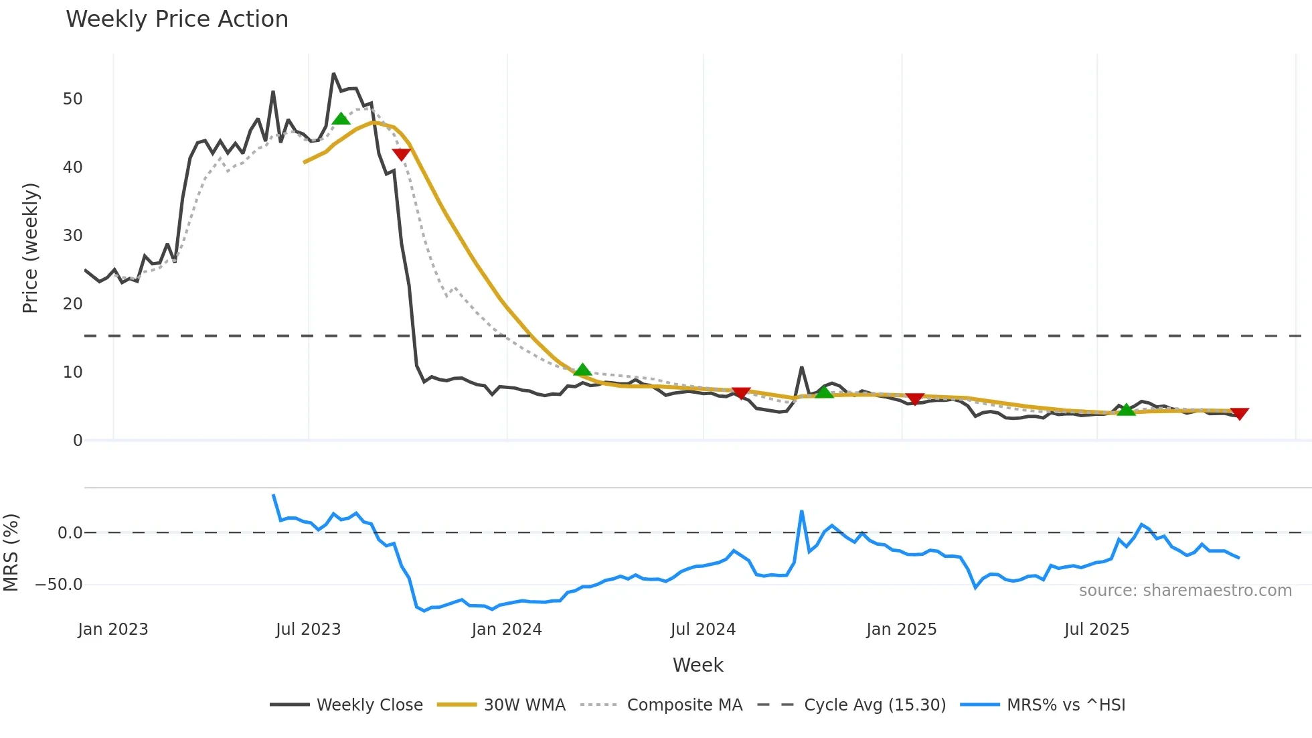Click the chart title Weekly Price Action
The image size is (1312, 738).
177,19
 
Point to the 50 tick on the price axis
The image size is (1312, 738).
72,99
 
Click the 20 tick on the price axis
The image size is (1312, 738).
72,304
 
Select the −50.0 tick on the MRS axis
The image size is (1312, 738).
59,585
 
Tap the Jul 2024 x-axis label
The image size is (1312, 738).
703,630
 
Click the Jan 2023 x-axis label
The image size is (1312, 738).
112,630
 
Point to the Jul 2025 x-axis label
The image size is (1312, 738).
1096,630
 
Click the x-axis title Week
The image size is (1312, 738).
698,665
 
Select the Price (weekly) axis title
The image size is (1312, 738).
30,248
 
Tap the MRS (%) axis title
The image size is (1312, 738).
11,552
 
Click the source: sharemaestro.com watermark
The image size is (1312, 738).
1185,591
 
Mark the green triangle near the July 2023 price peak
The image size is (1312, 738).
341,119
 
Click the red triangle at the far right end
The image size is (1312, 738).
1239,414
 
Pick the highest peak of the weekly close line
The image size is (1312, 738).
333,74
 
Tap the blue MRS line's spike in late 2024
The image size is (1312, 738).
801,512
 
